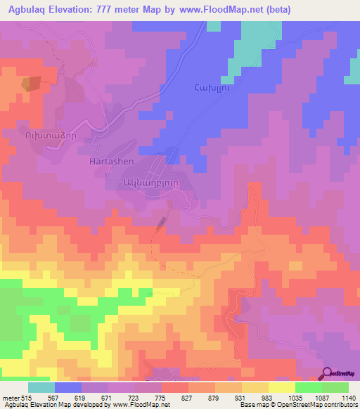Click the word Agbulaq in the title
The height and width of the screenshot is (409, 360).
click(30, 10)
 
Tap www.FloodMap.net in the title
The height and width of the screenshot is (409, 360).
click(219, 10)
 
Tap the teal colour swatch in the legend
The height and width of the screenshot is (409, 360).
click(41, 387)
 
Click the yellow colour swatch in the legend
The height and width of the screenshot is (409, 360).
click(282, 387)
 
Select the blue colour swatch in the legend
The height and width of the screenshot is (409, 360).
click(68, 387)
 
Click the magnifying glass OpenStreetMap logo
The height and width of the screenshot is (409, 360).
click(328, 372)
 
